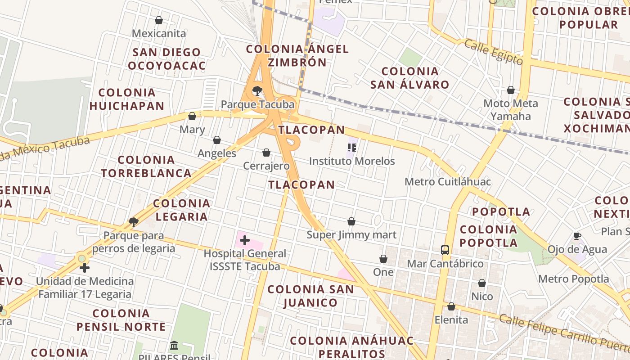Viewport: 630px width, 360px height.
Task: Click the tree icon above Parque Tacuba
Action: coord(257,91)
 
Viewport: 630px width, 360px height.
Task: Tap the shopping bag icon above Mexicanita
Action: coord(158,20)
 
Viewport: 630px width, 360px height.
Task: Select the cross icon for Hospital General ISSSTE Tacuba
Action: coord(245,240)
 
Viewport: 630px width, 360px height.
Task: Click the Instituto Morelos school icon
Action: coord(352,148)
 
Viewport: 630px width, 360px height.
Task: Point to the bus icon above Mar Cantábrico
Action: coord(445,250)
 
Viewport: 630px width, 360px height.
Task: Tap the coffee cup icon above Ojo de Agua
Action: coord(577,236)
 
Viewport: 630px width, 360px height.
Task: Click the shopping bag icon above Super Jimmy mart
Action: coord(351,221)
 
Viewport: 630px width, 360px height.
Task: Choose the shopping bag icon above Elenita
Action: coord(451,306)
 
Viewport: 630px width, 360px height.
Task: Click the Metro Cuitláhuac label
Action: coord(448,182)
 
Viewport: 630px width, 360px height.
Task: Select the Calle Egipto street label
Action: coord(493,52)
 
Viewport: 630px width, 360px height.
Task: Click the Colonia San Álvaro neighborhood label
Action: coord(409,78)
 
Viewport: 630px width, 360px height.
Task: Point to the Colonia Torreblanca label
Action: coord(146,166)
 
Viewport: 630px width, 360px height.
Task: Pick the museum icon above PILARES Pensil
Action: coord(174,346)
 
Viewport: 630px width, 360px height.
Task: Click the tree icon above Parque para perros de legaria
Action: coord(133,222)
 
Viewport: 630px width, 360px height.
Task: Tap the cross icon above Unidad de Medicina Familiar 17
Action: coord(85,268)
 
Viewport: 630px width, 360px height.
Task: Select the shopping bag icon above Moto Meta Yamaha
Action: coord(511,90)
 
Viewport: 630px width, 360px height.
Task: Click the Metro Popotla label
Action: coord(574,279)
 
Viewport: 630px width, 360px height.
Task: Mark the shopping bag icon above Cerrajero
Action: coord(266,153)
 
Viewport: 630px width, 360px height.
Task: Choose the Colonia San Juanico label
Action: coord(310,296)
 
